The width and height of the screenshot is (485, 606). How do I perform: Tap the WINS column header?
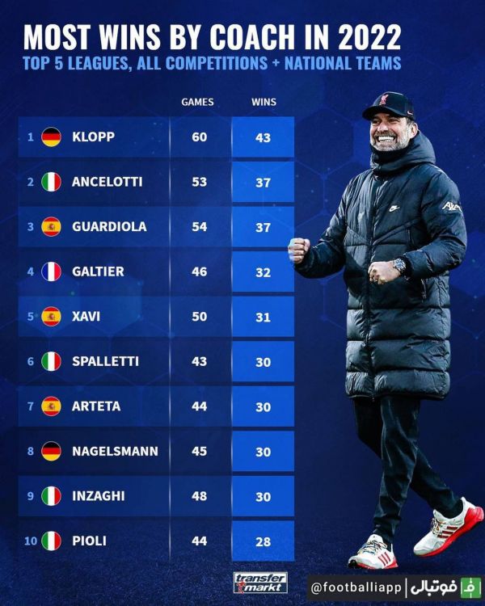(x=263, y=102)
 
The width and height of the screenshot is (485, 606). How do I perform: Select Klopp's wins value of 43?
(x=263, y=137)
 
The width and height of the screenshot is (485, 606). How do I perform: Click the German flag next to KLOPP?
(x=51, y=137)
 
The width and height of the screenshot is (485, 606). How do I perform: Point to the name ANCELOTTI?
(x=107, y=182)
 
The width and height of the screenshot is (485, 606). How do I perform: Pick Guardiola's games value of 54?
(x=199, y=227)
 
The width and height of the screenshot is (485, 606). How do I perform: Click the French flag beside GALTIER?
(x=51, y=271)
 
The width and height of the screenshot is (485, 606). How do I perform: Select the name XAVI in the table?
(x=86, y=317)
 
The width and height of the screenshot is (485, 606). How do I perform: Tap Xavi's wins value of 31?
(x=263, y=317)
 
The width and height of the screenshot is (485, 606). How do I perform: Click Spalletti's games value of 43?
(x=199, y=361)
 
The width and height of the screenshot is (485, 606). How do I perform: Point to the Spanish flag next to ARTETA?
(x=51, y=406)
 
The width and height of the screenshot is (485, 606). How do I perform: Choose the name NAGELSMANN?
(x=115, y=451)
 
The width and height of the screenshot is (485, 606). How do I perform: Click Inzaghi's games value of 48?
(x=199, y=495)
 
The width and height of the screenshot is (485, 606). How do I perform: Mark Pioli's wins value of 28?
(x=263, y=540)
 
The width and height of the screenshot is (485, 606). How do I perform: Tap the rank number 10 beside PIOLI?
(x=30, y=540)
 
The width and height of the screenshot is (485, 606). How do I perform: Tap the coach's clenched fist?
(x=299, y=250)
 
